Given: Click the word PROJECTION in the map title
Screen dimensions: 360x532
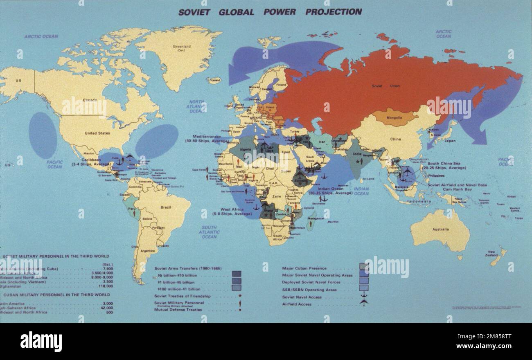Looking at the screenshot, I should (x=334, y=12).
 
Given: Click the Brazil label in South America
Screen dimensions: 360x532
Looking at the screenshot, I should (x=166, y=207).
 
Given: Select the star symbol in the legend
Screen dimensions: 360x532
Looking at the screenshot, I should (x=240, y=295).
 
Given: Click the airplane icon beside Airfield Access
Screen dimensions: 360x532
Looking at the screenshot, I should (x=363, y=303).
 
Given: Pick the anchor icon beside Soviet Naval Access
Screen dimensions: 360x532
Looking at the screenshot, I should (x=363, y=296).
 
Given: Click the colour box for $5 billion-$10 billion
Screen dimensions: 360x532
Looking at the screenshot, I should (x=236, y=274).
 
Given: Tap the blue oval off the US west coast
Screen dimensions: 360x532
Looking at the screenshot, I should (x=43, y=135).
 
